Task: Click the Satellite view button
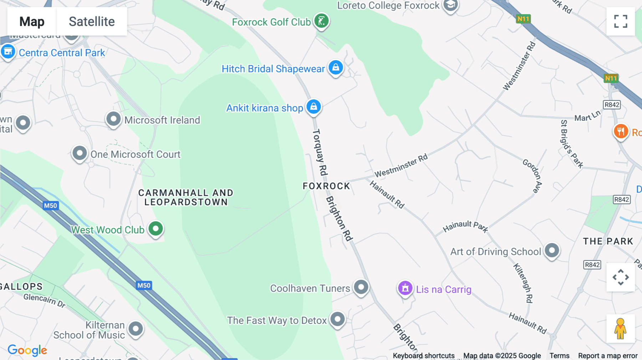click(92, 22)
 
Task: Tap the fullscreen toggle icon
click(621, 21)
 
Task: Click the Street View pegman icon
click(620, 328)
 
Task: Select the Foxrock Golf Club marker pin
click(321, 21)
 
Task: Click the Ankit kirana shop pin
click(314, 107)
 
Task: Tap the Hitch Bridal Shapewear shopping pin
click(336, 67)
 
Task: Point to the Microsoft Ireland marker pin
click(113, 119)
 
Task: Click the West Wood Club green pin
click(156, 228)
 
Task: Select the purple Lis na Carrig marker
click(405, 288)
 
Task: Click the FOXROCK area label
click(326, 186)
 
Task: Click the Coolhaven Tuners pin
click(361, 287)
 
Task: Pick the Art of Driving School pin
click(552, 250)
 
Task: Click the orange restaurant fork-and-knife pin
click(621, 131)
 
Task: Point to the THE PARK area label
click(608, 241)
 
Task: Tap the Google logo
click(27, 350)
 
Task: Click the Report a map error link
click(607, 355)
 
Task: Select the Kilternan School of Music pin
click(136, 328)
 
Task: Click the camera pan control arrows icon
click(621, 277)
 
